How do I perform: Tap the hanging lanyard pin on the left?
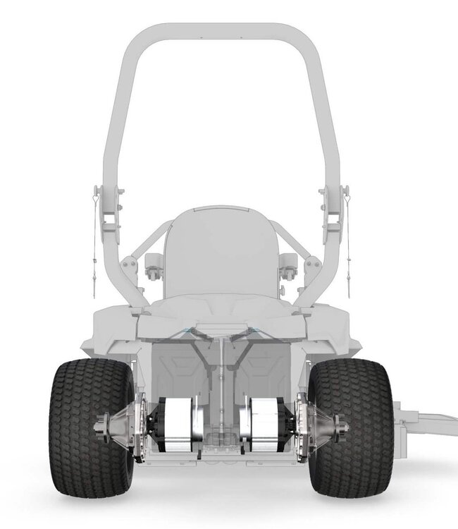point(94,233)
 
